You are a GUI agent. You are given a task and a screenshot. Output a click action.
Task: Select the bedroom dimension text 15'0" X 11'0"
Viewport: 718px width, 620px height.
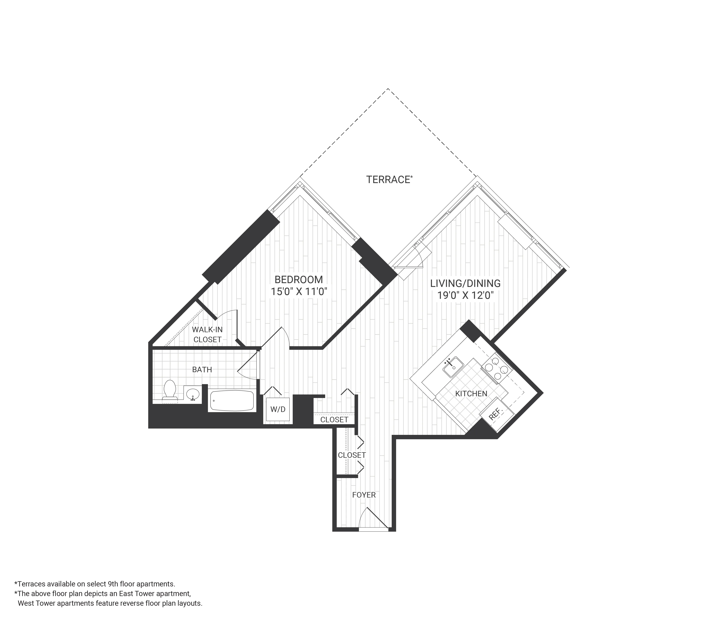click(299, 292)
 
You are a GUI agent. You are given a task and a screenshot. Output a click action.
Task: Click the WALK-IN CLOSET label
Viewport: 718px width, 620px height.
click(207, 335)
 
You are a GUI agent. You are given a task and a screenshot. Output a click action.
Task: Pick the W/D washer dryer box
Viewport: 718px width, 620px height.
click(278, 409)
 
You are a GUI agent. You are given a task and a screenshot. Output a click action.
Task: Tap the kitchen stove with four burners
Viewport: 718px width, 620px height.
click(496, 368)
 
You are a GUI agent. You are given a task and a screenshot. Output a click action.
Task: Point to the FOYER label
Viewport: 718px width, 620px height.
click(364, 495)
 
